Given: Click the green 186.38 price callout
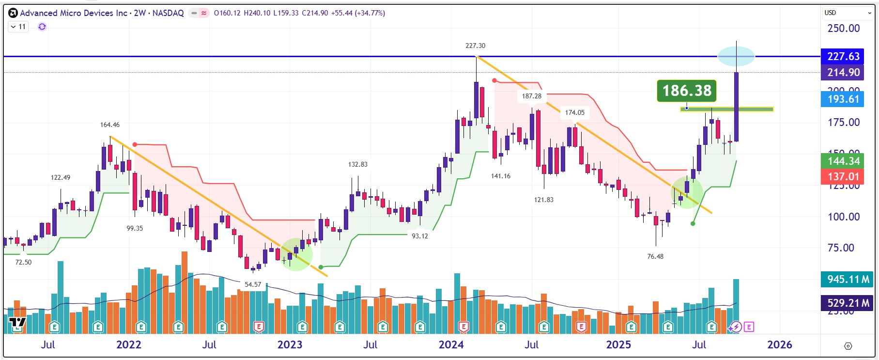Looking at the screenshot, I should click(687, 91).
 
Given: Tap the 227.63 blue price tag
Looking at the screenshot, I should click(843, 56).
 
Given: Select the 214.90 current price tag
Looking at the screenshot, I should click(843, 73).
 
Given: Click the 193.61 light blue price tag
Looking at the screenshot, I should click(843, 99).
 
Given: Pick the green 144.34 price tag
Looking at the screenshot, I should click(843, 161).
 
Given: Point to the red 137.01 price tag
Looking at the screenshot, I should click(843, 176).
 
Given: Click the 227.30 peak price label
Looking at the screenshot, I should click(475, 46).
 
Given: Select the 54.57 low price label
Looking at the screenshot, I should click(253, 284).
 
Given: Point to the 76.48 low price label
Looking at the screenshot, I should click(655, 256).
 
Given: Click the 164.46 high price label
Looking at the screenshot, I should click(110, 125).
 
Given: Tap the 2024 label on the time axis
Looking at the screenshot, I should click(451, 344).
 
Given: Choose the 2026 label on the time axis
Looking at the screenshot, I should click(779, 344).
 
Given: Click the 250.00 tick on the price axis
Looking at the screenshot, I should click(843, 28).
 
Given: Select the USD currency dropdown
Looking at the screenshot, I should click(848, 13).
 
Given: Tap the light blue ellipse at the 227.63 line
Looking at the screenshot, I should click(736, 56).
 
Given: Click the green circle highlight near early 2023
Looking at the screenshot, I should click(296, 254).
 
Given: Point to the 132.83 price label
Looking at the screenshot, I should click(357, 164).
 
